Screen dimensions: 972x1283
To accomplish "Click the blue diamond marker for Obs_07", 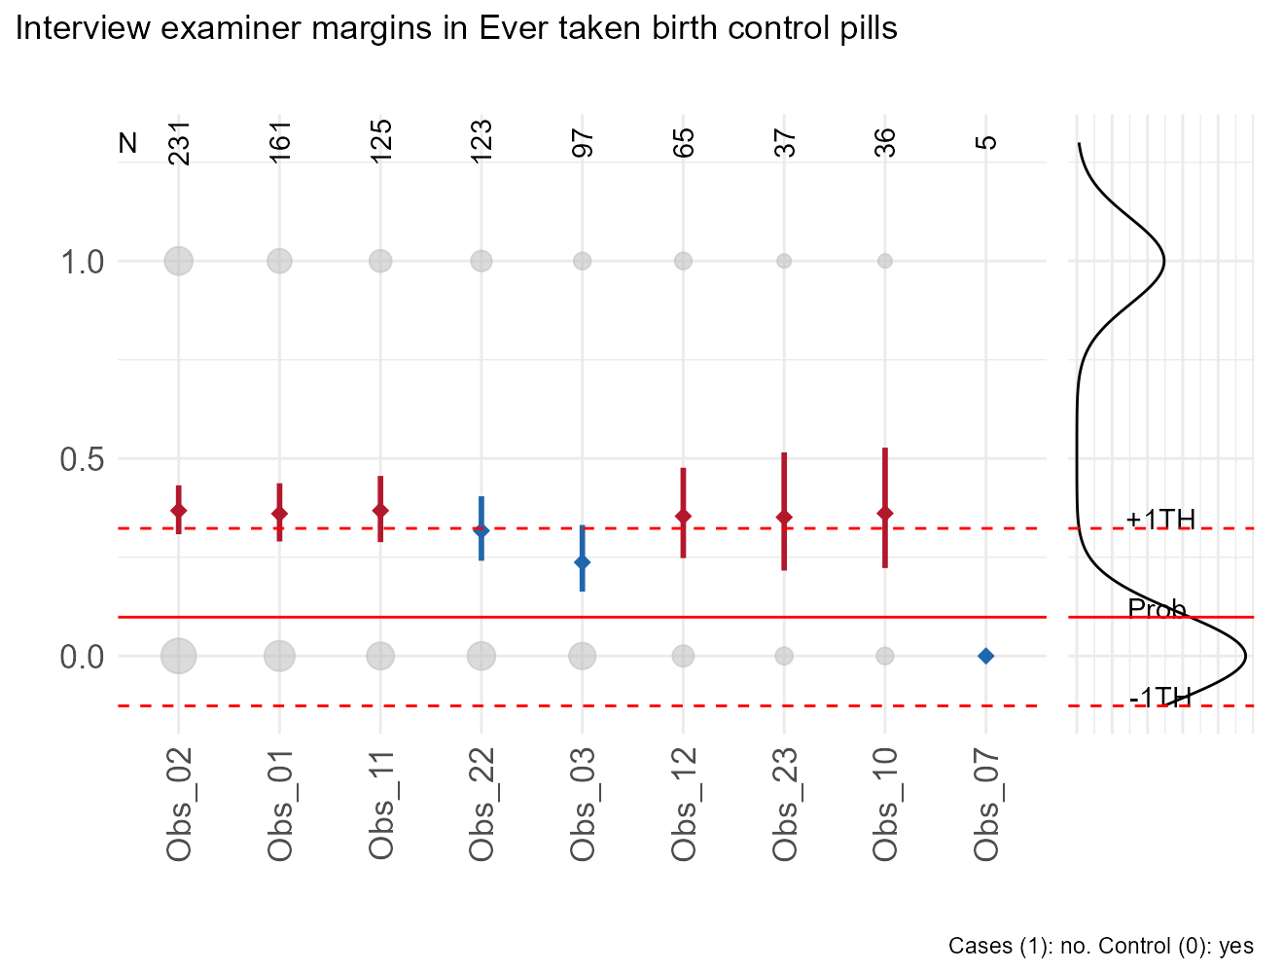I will click(985, 656).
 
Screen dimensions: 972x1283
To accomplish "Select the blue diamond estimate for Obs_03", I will click(582, 562).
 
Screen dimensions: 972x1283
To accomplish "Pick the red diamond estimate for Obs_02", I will click(178, 511).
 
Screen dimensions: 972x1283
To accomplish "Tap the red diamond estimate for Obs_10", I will click(884, 513).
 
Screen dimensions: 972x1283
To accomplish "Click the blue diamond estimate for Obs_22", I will click(481, 531).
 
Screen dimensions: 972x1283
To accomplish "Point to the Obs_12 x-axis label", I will click(683, 805).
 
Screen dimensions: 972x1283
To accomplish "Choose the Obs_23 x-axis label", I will click(784, 805).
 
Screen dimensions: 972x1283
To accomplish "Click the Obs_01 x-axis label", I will click(279, 805).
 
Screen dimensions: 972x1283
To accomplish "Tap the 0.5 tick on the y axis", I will click(84, 459).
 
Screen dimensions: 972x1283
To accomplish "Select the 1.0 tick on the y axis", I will click(84, 262).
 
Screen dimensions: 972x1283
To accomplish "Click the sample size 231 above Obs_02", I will click(179, 142).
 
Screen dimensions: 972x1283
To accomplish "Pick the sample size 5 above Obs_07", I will click(986, 142).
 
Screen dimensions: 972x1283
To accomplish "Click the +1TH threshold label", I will click(1160, 520).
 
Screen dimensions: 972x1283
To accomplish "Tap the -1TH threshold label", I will click(1159, 697).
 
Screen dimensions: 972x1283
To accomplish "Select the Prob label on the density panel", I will click(1157, 609).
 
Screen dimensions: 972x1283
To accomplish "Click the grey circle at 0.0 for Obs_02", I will click(178, 656).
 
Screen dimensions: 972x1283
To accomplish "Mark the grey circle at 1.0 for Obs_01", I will click(279, 261).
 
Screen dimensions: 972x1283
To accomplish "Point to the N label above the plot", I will click(127, 143).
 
